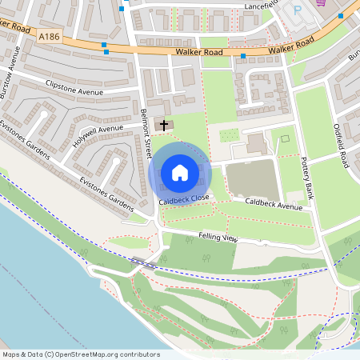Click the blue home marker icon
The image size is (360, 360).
pyautogui.click(x=179, y=173)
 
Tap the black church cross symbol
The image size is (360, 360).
pyautogui.click(x=166, y=125)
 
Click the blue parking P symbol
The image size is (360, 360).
pyautogui.click(x=298, y=11)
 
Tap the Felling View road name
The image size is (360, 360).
pyautogui.click(x=218, y=238)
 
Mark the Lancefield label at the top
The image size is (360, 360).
pyautogui.click(x=261, y=6)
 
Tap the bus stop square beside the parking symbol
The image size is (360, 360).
pyautogui.click(x=340, y=15)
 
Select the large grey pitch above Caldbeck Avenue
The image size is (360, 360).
pyautogui.click(x=251, y=179)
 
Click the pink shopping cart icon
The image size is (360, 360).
pyautogui.click(x=320, y=2)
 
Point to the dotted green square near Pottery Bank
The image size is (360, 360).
pyautogui.click(x=284, y=140)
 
